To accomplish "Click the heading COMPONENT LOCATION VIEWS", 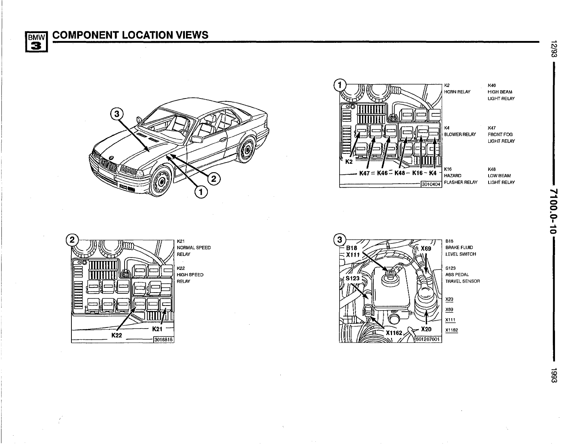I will pyautogui.click(x=130, y=35).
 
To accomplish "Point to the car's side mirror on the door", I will pyautogui.click(x=197, y=139).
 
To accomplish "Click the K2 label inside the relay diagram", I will pyautogui.click(x=349, y=161).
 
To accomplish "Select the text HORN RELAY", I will pyautogui.click(x=457, y=92).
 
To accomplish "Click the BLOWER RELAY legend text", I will pyautogui.click(x=460, y=134).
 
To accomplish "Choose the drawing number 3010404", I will pyautogui.click(x=431, y=184).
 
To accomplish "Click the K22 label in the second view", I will pyautogui.click(x=117, y=335).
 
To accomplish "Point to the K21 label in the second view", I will pyautogui.click(x=158, y=329).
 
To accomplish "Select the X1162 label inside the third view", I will pyautogui.click(x=394, y=333).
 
